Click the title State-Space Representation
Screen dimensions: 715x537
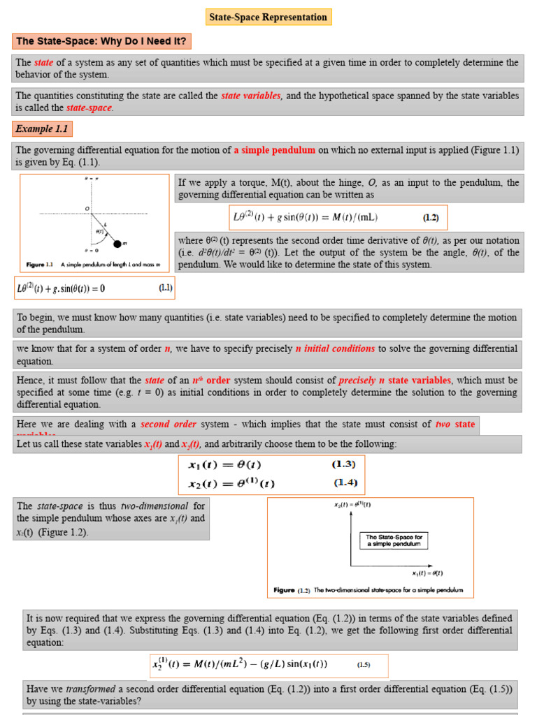(268, 17)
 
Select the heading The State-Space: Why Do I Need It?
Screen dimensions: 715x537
(101, 41)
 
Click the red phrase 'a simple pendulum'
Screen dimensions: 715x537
(275, 149)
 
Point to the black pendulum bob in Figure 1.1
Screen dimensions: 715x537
(116, 243)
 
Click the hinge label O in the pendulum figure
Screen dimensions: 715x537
(87, 208)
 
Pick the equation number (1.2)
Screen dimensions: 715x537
(431, 217)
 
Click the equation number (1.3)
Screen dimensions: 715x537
(343, 464)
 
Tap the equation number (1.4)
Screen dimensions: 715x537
(343, 482)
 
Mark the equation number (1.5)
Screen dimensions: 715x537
(364, 665)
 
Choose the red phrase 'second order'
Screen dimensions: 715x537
(166, 424)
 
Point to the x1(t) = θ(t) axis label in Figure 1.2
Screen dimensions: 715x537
(427, 573)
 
